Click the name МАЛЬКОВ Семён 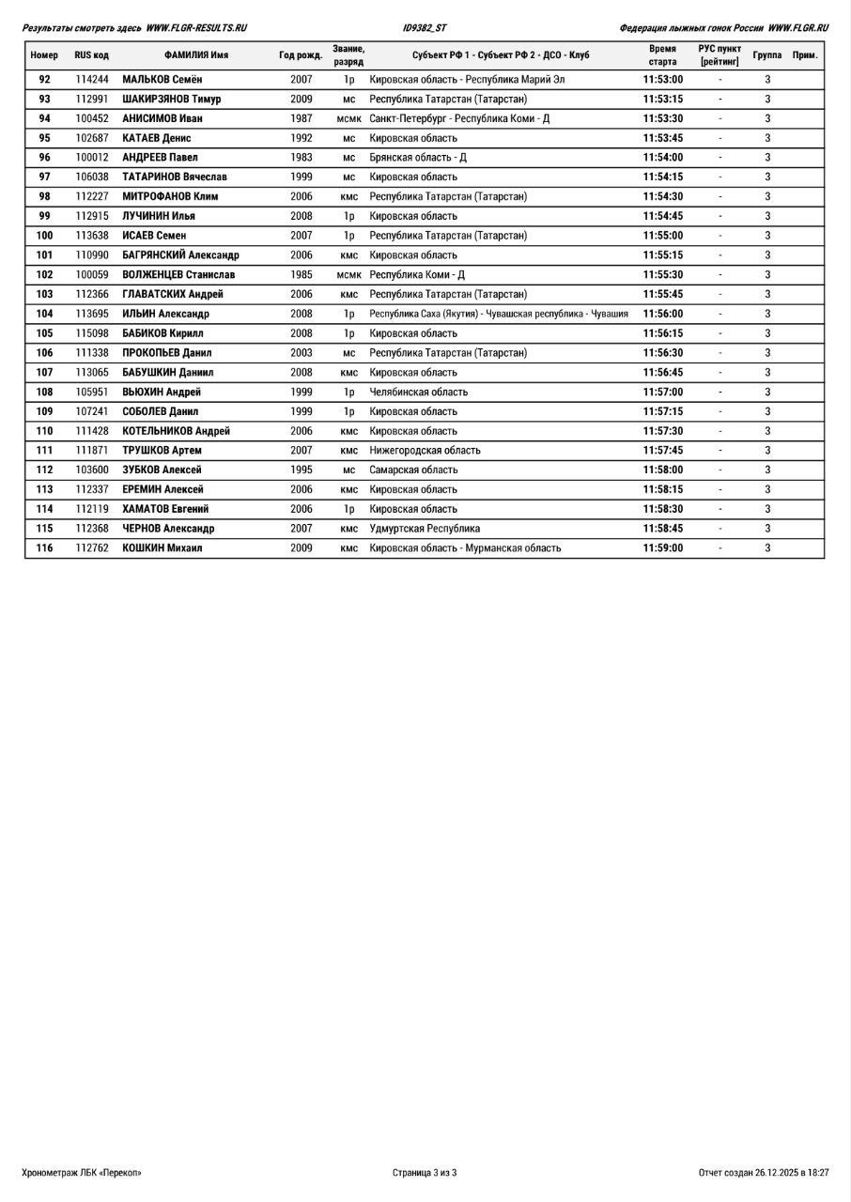162,80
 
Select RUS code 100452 92,119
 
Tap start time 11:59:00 663,548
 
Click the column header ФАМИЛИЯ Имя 196,55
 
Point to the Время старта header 662,55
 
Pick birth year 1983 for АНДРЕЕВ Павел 301,158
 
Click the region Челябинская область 418,393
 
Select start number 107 44,373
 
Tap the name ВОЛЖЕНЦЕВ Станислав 178,275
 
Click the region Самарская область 413,470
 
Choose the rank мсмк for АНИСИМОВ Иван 348,119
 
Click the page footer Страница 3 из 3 425,1173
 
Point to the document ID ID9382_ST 425,28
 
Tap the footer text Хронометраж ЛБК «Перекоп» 82,1173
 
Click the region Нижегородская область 425,451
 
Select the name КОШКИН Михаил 162,548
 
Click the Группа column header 766,55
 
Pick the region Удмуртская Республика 425,529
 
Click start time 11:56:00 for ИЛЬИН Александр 663,315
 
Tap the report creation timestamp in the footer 764,1173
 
